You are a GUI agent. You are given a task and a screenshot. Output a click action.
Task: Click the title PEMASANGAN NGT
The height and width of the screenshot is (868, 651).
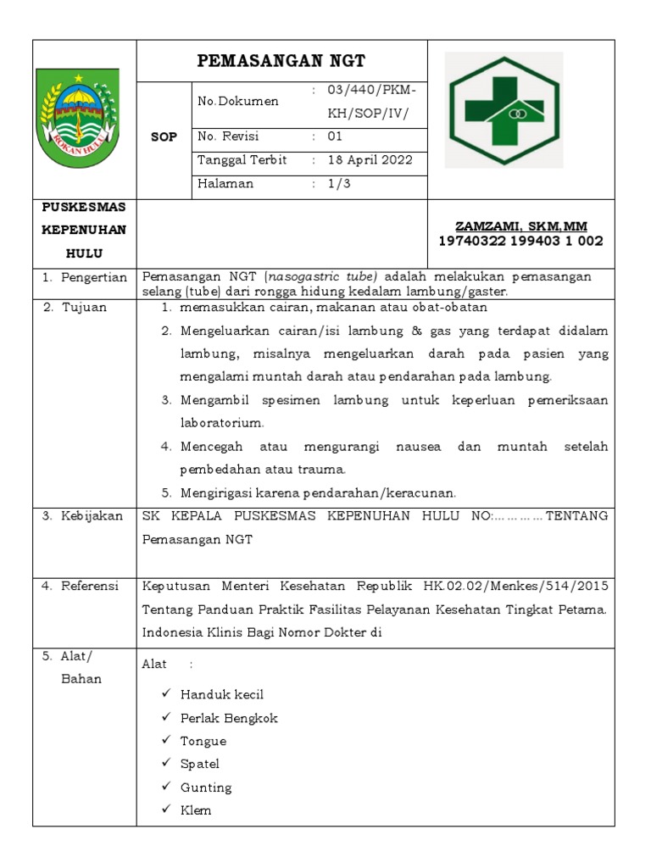pos(281,61)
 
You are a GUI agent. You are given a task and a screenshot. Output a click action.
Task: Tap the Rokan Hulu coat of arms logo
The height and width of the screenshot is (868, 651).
pos(78,119)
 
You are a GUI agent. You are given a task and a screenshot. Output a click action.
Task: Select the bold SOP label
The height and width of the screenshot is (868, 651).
pos(164,137)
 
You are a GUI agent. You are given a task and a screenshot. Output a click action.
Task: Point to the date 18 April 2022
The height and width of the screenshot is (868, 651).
pos(370,160)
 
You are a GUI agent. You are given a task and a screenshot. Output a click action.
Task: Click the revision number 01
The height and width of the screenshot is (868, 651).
pos(335,136)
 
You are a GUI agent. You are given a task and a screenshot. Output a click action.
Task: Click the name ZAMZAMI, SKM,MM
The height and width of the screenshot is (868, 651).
pos(520,226)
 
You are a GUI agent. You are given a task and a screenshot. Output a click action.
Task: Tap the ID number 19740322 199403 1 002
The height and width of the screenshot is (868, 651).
pos(520,242)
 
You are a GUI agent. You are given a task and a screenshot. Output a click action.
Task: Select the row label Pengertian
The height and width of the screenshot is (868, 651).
pos(93,277)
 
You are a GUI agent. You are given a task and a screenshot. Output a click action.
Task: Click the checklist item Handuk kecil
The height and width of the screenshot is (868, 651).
pos(222,695)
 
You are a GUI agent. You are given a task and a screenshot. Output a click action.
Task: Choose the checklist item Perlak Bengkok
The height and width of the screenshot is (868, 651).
pos(229,718)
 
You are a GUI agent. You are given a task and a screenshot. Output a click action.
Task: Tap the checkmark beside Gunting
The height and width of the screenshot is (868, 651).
pos(166,787)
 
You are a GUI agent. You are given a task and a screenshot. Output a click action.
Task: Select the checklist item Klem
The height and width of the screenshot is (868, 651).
pos(196,810)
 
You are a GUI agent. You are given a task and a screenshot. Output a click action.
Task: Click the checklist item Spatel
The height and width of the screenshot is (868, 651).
pos(200,764)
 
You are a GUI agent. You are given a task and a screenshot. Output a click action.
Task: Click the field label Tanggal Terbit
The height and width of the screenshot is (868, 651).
pos(242,160)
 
